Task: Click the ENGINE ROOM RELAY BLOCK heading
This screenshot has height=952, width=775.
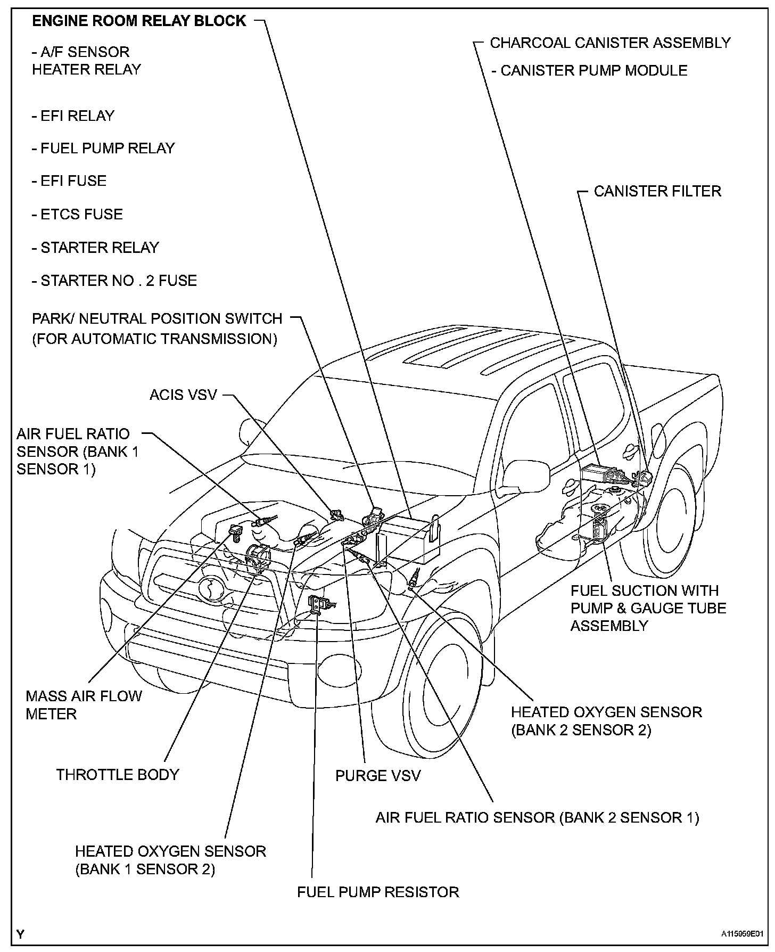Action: [139, 21]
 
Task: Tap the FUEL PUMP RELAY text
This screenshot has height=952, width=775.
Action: [103, 148]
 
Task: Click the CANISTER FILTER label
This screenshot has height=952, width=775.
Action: [657, 191]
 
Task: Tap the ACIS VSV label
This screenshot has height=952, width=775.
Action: [183, 395]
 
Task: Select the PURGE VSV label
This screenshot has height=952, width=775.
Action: [377, 775]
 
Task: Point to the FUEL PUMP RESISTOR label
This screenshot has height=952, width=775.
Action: [378, 892]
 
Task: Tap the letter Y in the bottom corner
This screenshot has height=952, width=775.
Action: [20, 933]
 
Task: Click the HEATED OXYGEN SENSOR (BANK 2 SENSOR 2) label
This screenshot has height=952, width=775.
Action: [606, 721]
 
